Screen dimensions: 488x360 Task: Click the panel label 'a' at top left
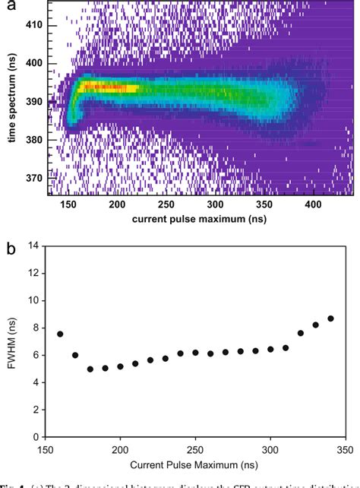point(5,6)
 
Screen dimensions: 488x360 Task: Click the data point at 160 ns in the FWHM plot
point(60,334)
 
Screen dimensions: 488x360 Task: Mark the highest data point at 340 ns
point(330,318)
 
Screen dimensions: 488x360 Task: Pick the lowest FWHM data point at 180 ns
point(90,369)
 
